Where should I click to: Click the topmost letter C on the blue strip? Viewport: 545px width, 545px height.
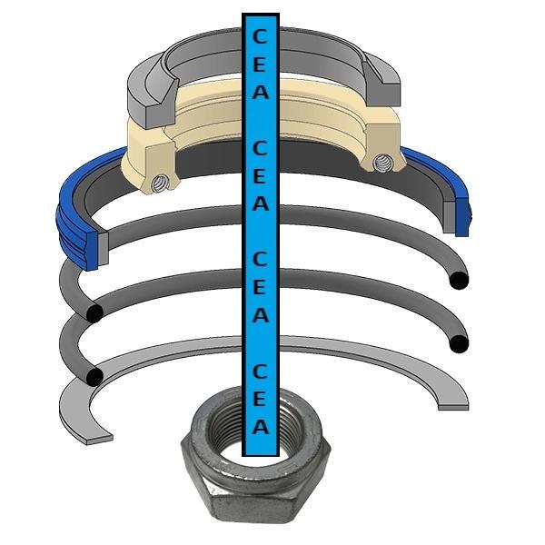pos(260,36)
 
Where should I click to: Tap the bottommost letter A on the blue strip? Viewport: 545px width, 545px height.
pos(261,426)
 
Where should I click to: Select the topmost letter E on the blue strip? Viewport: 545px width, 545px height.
pos(260,64)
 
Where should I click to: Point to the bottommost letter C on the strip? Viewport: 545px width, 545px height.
pos(260,372)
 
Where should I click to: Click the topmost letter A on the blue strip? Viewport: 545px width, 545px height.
pos(261,92)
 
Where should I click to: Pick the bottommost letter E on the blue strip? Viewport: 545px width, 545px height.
pos(260,399)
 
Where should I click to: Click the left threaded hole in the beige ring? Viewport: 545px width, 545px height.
pos(160,183)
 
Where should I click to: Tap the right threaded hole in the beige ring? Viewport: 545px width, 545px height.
pos(381,162)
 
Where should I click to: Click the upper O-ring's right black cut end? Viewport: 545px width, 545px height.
pos(459,280)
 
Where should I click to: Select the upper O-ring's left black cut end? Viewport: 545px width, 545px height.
pos(94,313)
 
